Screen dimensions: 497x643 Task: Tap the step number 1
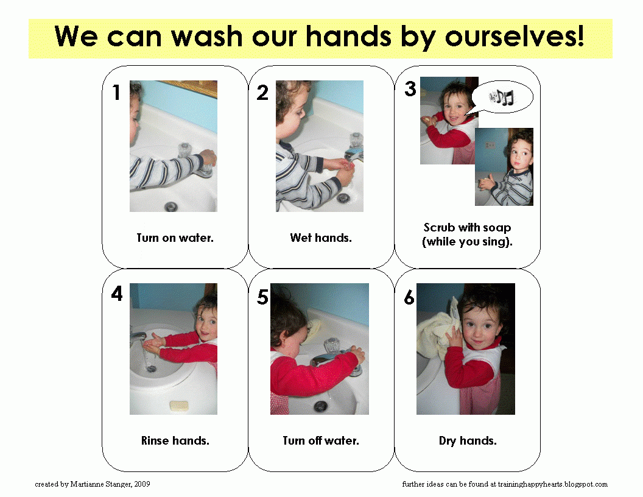(116, 93)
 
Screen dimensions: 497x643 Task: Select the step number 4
(116, 295)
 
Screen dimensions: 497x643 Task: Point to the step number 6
(409, 298)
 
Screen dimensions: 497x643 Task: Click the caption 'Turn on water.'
(175, 238)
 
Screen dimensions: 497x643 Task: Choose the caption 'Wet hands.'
(321, 238)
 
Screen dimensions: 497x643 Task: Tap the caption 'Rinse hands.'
(175, 441)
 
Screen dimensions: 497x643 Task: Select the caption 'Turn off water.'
(321, 441)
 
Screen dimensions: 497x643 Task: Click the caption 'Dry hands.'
(468, 441)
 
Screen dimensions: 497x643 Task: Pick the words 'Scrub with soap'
(468, 228)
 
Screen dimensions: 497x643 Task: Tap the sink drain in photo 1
(170, 206)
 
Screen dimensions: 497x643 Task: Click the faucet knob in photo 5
(332, 346)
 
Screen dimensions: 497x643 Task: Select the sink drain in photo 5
(320, 406)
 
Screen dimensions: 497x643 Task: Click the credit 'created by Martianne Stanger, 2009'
(93, 484)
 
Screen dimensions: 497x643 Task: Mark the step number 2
(262, 93)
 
